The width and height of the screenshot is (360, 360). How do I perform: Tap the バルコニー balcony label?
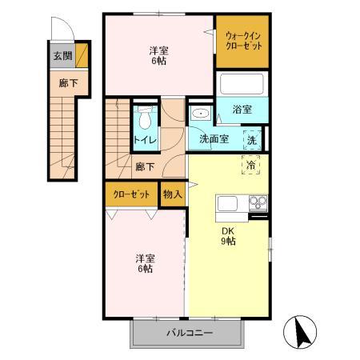click(x=190, y=333)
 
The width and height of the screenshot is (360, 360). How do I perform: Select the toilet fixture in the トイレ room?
click(x=144, y=119)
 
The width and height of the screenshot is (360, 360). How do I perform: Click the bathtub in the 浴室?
click(x=241, y=84)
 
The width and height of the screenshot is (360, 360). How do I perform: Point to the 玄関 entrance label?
click(x=62, y=57)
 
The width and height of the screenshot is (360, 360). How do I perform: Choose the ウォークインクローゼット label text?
click(x=242, y=40)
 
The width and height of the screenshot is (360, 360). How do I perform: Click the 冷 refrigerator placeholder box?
click(x=251, y=164)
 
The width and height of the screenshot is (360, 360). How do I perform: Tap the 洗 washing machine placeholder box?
click(x=251, y=139)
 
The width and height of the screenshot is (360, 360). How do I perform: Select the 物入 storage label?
click(x=173, y=194)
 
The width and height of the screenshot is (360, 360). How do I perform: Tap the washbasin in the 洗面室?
click(x=198, y=114)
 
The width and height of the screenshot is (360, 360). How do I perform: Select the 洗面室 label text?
click(x=214, y=139)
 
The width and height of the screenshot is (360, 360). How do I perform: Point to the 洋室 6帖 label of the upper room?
click(x=158, y=56)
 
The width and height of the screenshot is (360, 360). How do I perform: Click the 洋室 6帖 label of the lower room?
click(x=145, y=263)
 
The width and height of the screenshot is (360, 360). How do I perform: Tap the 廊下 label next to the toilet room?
click(x=145, y=166)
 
